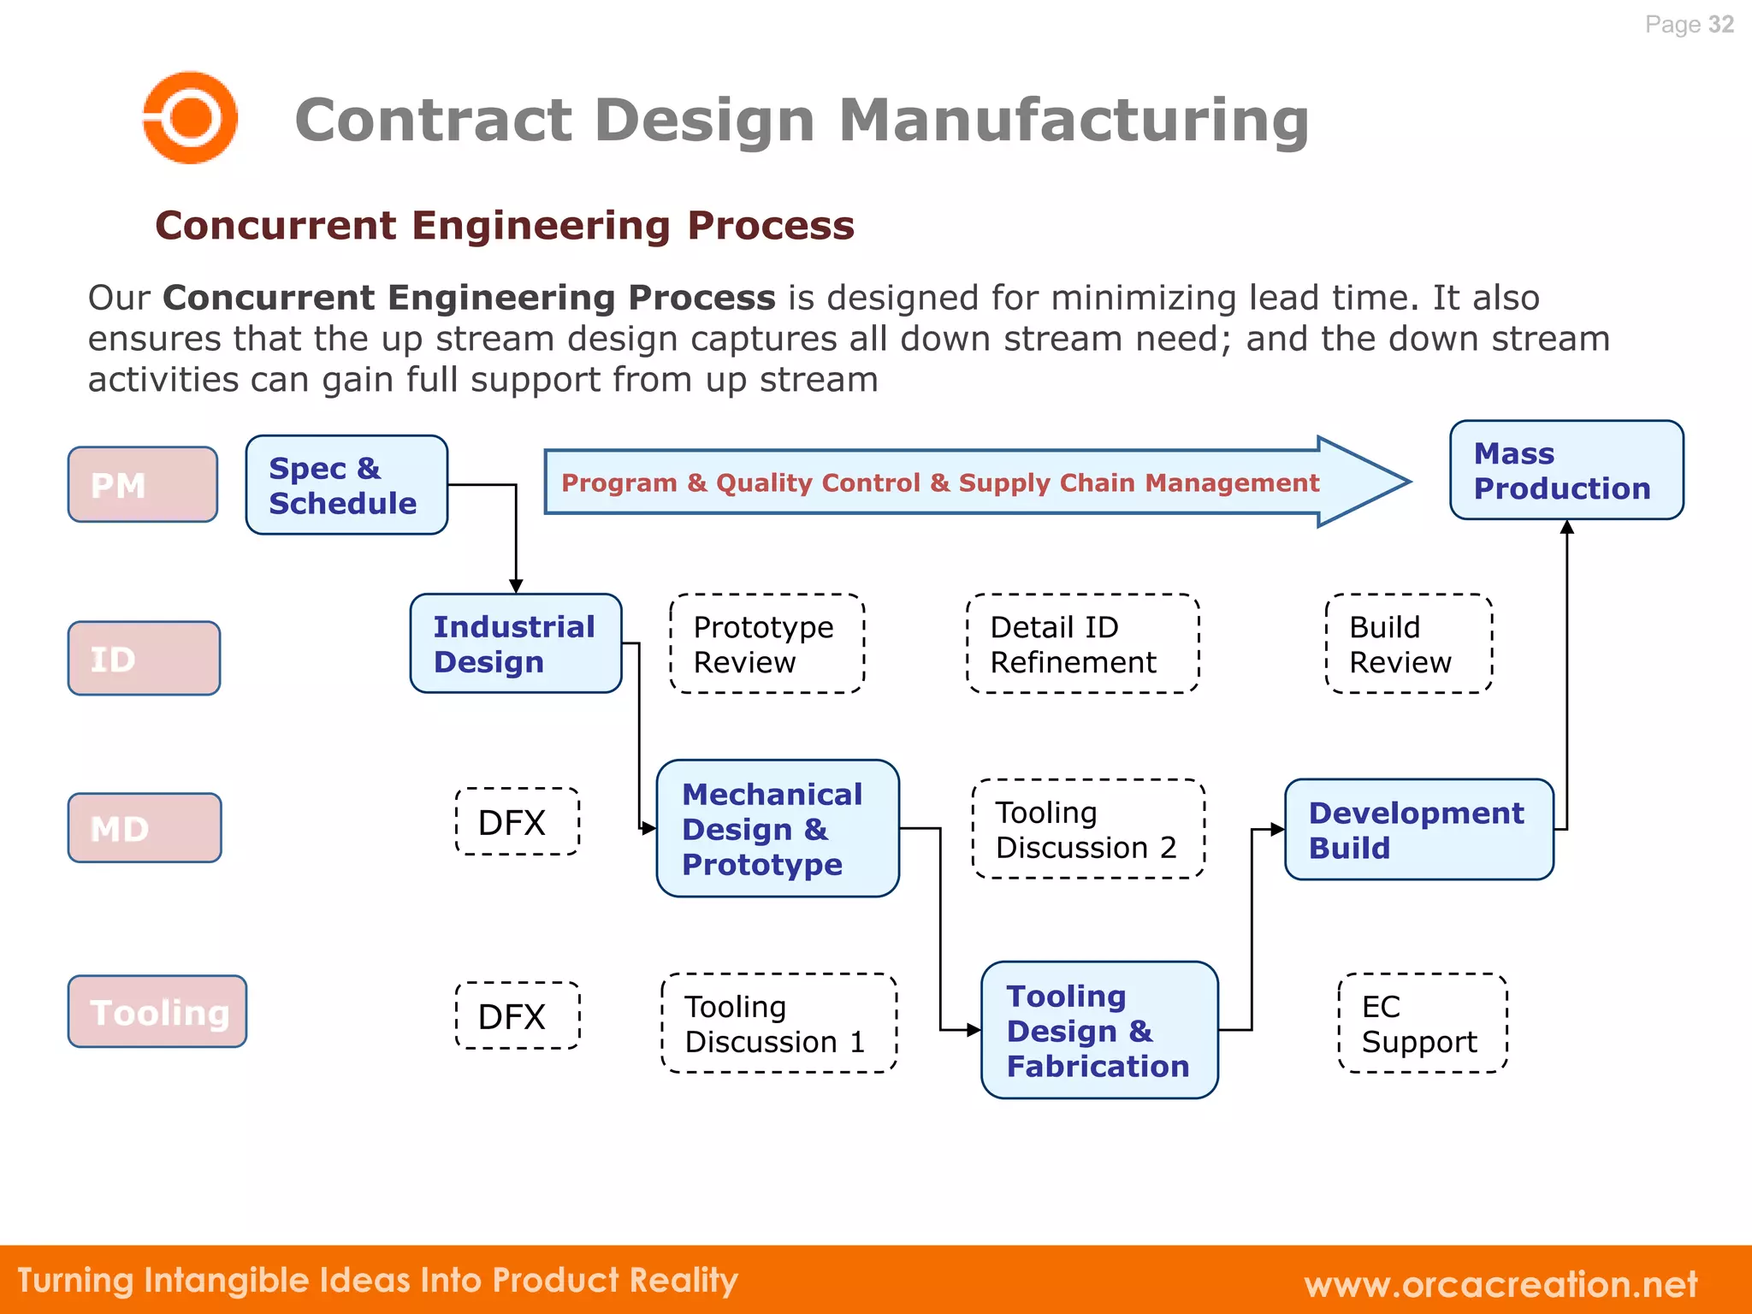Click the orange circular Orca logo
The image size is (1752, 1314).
click(189, 117)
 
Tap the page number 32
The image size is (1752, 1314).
click(1720, 25)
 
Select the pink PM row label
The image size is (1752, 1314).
click(143, 484)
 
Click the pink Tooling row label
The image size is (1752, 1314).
click(158, 1012)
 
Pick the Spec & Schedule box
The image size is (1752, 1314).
click(346, 485)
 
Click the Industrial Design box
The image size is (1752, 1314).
click(516, 643)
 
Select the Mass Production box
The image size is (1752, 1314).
click(1566, 471)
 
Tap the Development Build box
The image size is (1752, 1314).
click(1418, 829)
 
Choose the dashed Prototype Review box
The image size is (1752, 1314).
click(767, 643)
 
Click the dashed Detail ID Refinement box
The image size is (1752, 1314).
click(1082, 643)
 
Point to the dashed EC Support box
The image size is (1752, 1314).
click(1422, 1023)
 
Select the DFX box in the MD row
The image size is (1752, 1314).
click(517, 821)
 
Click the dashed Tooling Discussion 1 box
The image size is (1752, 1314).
click(778, 1023)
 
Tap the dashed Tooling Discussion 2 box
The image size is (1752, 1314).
click(1088, 829)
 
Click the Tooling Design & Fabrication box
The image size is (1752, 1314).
click(1099, 1030)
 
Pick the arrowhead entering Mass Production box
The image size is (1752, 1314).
click(1567, 528)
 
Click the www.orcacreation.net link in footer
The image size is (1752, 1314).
click(1500, 1283)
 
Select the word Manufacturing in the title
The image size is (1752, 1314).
click(1074, 120)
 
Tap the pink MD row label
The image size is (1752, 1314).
click(145, 828)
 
